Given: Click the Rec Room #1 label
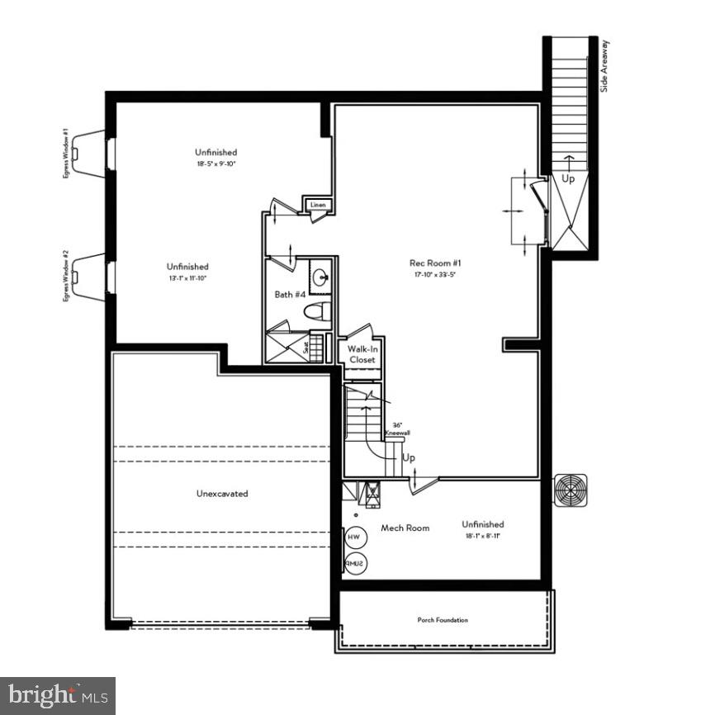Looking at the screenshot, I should (x=430, y=263).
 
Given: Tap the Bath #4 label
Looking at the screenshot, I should (x=290, y=294).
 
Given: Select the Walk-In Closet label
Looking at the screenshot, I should (x=362, y=355).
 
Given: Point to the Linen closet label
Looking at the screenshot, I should (x=319, y=205).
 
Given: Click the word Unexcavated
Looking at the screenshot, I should (x=222, y=494).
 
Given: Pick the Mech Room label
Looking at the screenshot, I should (x=405, y=528).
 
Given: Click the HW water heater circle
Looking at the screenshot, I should (x=354, y=537).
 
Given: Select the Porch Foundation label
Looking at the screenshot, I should (x=442, y=620).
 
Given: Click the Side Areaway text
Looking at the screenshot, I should (x=604, y=65).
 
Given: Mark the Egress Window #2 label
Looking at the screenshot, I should (x=65, y=276).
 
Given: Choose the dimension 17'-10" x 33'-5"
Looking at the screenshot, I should (x=430, y=275).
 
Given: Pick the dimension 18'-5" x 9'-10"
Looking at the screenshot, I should (x=216, y=164).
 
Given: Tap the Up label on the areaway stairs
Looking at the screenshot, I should (x=569, y=178).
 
